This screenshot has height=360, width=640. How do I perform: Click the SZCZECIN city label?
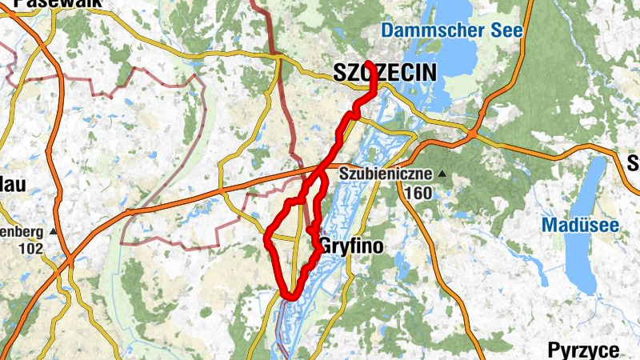point(384,74)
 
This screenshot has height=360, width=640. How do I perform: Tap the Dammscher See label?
point(452,31)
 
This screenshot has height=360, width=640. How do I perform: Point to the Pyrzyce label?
point(583,350)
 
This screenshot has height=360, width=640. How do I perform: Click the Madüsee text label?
point(580,226)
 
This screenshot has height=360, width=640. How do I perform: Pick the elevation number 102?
point(30,248)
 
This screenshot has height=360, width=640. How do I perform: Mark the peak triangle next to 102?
point(53,232)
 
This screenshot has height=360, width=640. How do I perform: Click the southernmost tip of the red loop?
point(289,296)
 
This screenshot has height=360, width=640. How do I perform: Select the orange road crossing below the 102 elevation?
point(69,260)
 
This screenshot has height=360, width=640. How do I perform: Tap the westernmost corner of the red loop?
point(267,238)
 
